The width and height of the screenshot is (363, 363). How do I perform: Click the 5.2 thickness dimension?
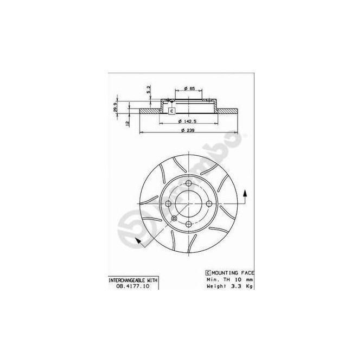coord(149,88)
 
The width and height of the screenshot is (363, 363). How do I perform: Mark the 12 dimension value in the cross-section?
coord(127,124)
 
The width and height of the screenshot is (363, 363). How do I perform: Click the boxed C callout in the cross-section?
coord(171,111)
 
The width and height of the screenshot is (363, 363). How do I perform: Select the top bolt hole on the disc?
coord(188,183)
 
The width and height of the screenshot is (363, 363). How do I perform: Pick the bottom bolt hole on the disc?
coord(188,224)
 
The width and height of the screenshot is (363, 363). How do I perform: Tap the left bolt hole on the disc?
coord(168,203)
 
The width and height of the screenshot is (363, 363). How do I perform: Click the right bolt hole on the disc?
coord(208,203)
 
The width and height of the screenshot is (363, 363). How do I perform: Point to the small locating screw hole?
coord(174,218)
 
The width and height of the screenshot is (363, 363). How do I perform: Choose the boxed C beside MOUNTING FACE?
coord(208,272)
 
